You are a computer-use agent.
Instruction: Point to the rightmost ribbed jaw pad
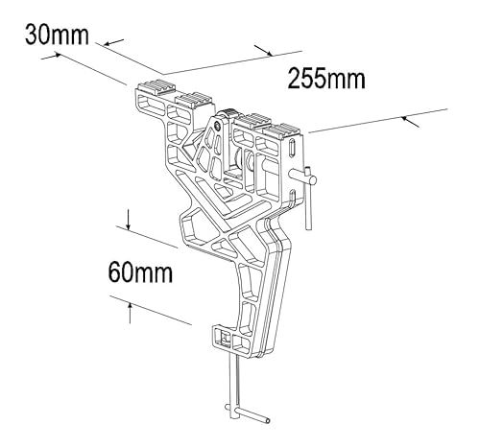(x=286, y=130)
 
